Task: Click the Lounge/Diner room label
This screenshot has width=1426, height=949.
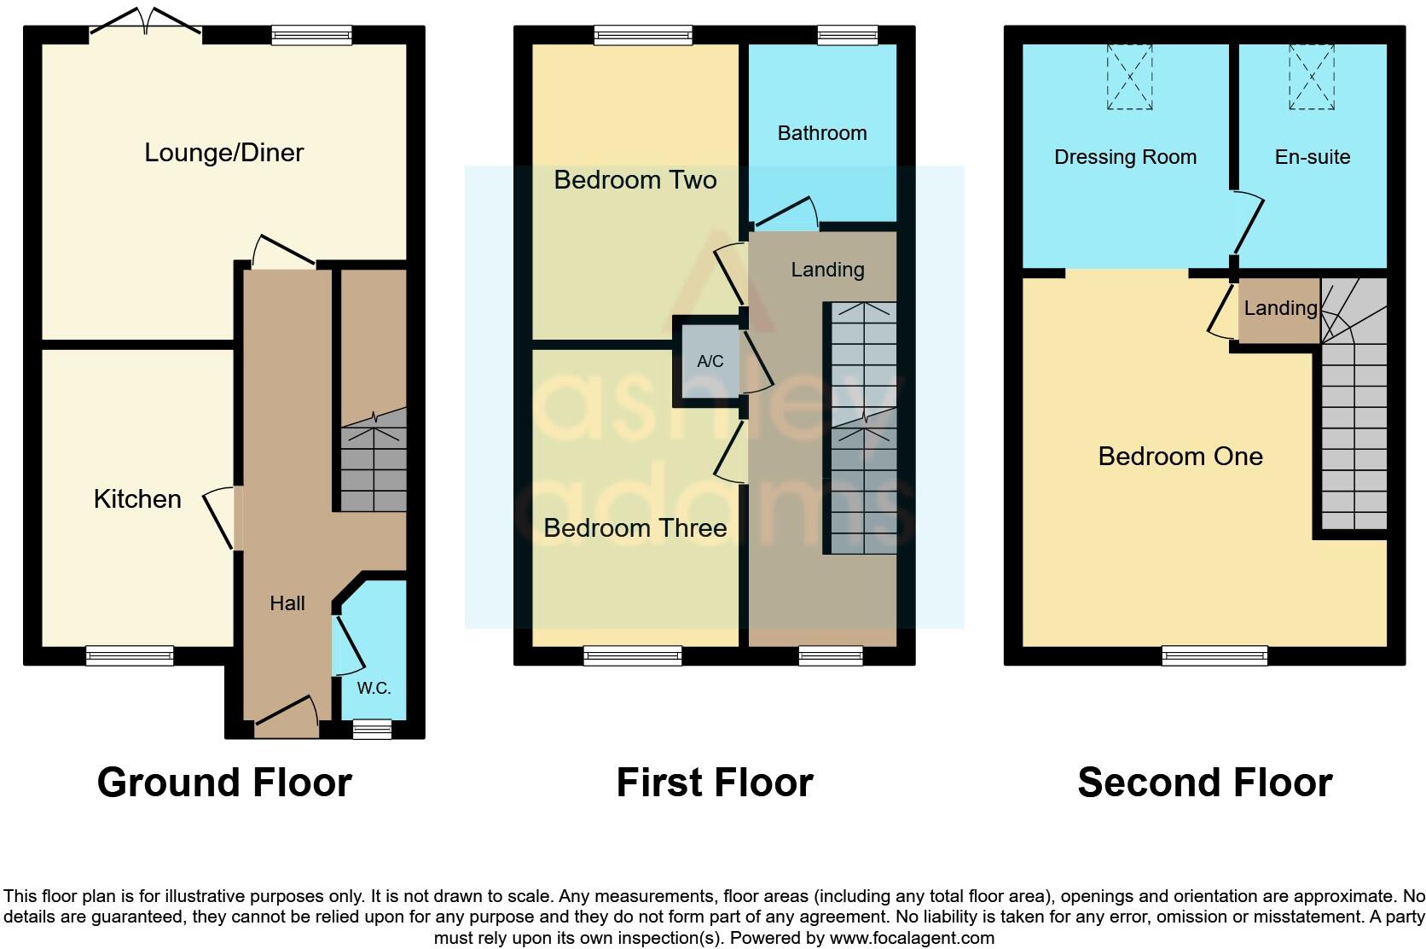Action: [x=223, y=153]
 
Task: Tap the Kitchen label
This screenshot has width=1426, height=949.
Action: [x=137, y=499]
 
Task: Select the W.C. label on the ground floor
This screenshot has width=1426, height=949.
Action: [x=374, y=688]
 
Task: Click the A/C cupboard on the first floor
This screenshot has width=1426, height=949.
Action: [x=710, y=361]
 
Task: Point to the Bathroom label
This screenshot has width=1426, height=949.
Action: [x=821, y=133]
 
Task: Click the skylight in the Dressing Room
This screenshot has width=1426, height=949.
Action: [x=1129, y=77]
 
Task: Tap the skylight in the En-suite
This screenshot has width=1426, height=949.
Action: [x=1311, y=77]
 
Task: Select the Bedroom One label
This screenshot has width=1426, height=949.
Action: [x=1180, y=457]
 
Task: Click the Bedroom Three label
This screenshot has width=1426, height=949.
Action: [x=635, y=528]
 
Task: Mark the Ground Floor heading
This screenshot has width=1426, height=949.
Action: [x=224, y=783]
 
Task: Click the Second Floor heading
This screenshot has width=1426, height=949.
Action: [x=1204, y=783]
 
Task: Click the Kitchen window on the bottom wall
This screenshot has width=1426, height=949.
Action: [x=130, y=655]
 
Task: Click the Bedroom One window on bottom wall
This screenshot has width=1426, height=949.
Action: [x=1214, y=655]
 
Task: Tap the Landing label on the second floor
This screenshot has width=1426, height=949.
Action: [x=1279, y=308]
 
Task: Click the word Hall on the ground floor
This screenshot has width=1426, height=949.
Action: [x=287, y=603]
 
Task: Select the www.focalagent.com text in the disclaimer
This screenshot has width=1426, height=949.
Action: [x=911, y=938]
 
